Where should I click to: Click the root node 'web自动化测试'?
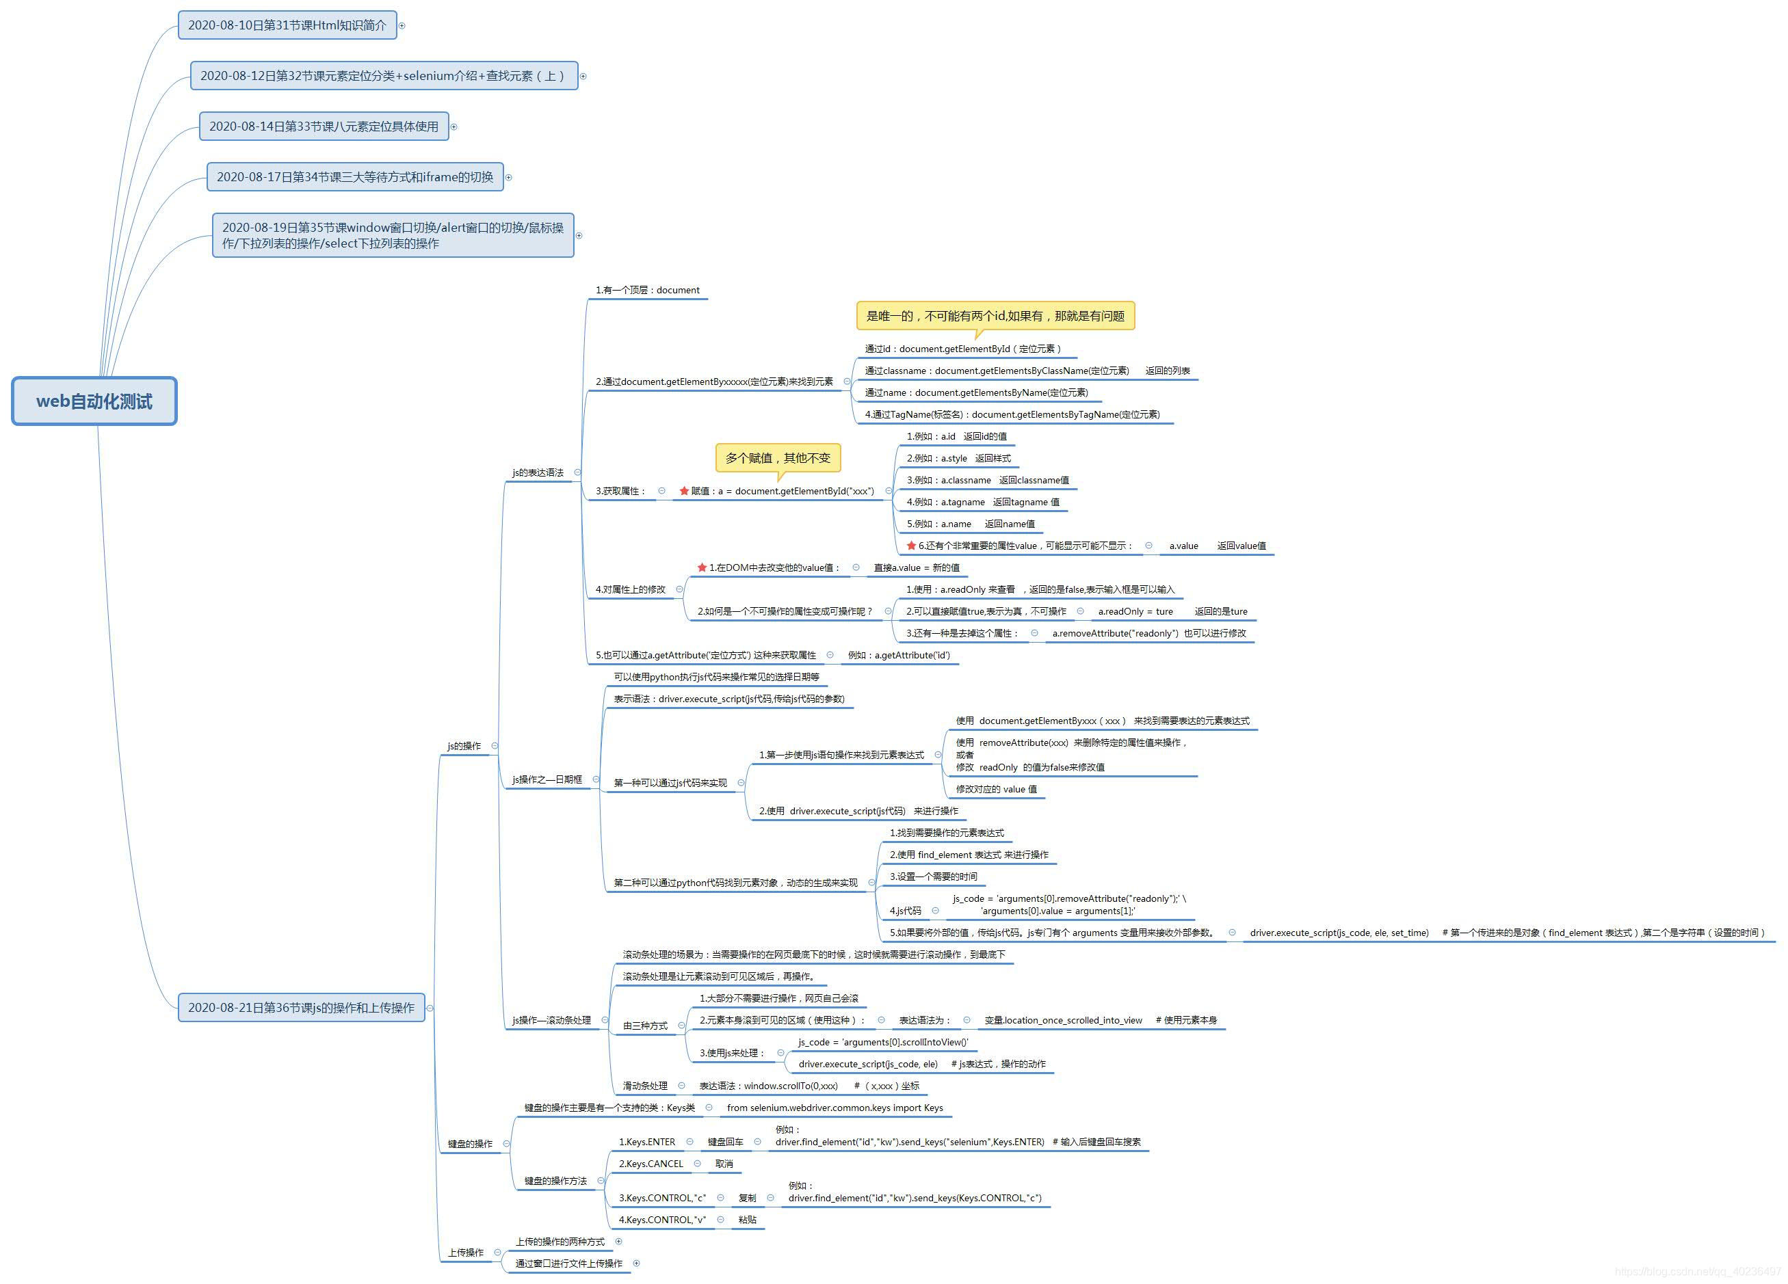[x=94, y=401]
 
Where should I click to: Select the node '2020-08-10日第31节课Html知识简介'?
[x=287, y=25]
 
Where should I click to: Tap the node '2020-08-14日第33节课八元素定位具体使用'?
[x=324, y=126]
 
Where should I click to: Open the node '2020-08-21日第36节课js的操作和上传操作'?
[x=300, y=1007]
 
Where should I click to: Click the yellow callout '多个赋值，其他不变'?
[x=777, y=458]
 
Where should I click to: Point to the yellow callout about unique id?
[x=995, y=316]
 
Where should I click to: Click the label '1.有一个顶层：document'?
[x=647, y=290]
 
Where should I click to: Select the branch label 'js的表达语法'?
[x=538, y=473]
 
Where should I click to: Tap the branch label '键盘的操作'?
[x=470, y=1144]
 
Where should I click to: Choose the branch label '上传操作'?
[x=466, y=1253]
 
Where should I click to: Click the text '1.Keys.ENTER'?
[x=646, y=1141]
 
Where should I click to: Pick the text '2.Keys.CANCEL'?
[x=650, y=1164]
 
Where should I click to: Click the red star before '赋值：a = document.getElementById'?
[x=684, y=491]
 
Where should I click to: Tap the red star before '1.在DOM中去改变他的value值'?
[x=702, y=567]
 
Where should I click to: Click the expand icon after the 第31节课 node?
[x=402, y=26]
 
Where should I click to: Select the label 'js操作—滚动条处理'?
[x=551, y=1020]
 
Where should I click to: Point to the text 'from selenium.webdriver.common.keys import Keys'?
[x=835, y=1108]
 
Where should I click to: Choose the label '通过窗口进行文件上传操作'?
[x=568, y=1263]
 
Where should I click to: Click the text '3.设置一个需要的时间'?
[x=934, y=877]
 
